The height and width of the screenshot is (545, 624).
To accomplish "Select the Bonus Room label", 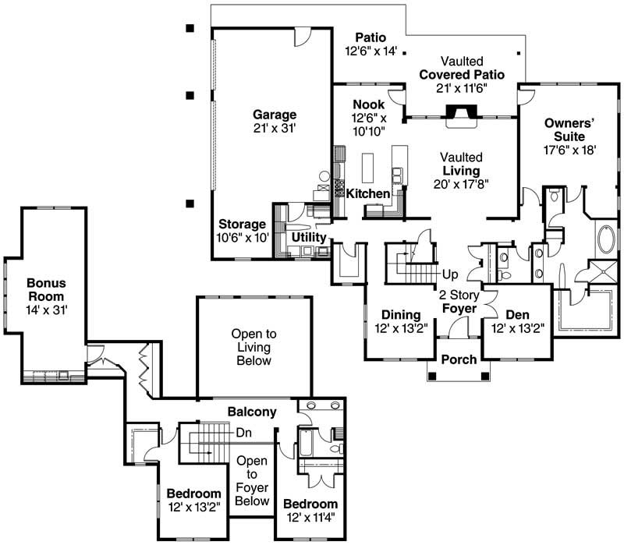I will pyautogui.click(x=45, y=290).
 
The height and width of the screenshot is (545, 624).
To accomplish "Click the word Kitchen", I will pyautogui.click(x=367, y=193).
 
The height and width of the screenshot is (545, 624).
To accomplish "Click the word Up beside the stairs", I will pyautogui.click(x=450, y=274).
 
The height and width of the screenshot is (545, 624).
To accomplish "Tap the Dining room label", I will pyautogui.click(x=402, y=315).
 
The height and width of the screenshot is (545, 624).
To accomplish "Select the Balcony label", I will pyautogui.click(x=252, y=411).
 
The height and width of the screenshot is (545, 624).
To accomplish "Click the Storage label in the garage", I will pyautogui.click(x=241, y=225).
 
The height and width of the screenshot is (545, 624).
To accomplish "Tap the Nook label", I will pyautogui.click(x=367, y=104).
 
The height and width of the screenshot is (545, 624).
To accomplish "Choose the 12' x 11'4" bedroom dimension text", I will pyautogui.click(x=310, y=517).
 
